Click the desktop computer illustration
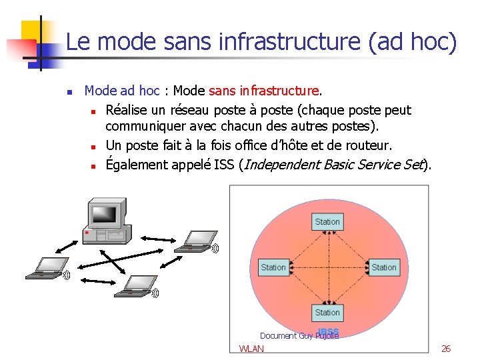pos(105,221)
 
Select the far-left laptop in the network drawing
pos(45,267)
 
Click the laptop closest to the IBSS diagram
pos(195,241)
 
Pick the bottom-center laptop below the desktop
pos(133,285)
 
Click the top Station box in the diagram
pos(327,222)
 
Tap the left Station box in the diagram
pos(273,267)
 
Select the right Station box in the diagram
pos(383,267)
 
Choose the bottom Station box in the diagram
pos(327,312)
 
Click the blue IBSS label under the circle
pos(329,331)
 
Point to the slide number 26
pos(446,349)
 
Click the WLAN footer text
pos(251,349)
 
